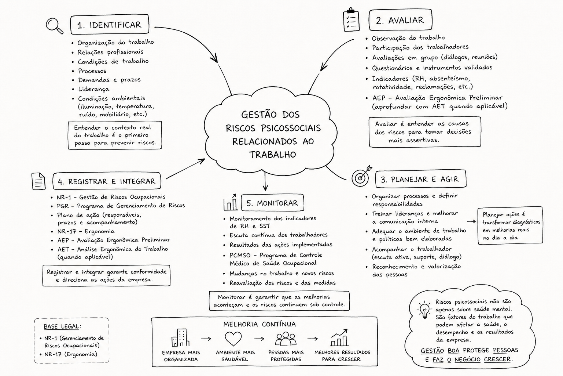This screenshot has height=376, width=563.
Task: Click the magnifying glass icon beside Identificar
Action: point(54,25)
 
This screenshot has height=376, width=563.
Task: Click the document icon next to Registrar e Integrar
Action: point(38,181)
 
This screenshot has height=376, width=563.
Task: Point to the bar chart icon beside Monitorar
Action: point(231,202)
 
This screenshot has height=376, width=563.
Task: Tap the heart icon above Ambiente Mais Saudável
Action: point(233,339)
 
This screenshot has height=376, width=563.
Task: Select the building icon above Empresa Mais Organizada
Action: point(180,337)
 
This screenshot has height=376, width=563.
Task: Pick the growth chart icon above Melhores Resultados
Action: point(339,337)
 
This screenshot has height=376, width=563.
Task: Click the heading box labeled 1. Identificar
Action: point(110,25)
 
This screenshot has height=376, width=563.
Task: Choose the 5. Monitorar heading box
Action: point(272,202)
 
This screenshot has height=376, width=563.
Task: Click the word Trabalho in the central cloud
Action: point(273,154)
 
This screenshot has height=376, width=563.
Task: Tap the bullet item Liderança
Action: point(93,89)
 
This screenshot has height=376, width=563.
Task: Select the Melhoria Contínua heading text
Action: point(260,324)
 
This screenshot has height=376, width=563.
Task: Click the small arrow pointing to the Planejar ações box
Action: point(471,222)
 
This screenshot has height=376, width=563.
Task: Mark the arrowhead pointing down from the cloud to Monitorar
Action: point(265,188)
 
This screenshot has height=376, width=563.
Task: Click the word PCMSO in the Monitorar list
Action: point(240,255)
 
